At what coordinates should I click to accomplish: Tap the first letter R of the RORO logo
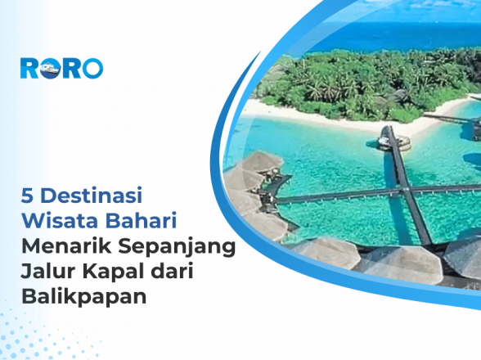tap(31, 67)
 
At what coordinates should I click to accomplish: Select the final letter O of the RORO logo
tap(92, 67)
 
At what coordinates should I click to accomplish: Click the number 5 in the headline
tap(28, 197)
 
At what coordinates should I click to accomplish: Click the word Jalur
tap(47, 271)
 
